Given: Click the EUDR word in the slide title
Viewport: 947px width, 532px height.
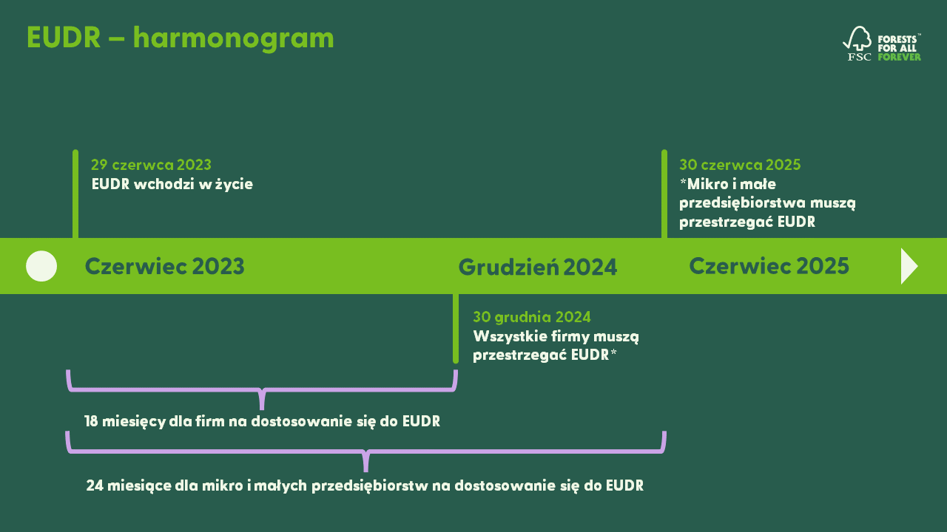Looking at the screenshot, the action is point(64,38).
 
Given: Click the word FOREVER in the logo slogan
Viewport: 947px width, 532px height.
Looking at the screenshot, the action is point(899,57).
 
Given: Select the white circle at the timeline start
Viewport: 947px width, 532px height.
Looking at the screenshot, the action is point(41,266).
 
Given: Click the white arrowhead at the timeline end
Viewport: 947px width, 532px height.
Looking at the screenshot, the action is point(909,266).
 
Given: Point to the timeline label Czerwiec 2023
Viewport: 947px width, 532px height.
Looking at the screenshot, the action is point(164,266).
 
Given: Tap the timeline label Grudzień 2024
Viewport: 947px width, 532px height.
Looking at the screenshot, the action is point(538,267).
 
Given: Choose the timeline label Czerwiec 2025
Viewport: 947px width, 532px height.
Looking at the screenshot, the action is point(769,266).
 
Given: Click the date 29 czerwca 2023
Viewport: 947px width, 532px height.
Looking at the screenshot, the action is point(152,165).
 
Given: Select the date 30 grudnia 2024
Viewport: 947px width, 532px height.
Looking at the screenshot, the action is point(532,317).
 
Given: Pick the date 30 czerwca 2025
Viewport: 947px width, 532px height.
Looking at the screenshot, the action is point(740,165).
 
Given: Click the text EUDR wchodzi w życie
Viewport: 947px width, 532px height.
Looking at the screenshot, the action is point(172,185).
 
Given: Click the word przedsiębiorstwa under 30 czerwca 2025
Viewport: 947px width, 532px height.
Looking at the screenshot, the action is point(743,203).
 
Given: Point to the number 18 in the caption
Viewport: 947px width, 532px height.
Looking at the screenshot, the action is point(91,421).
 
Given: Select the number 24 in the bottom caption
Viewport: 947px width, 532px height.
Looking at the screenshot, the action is point(95,485).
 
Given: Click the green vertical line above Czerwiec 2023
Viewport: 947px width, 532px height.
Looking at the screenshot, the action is point(75,194).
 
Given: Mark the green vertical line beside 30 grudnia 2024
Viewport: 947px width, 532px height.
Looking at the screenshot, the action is point(456,329).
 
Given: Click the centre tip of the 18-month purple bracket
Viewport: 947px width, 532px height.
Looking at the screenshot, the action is point(262,409).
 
